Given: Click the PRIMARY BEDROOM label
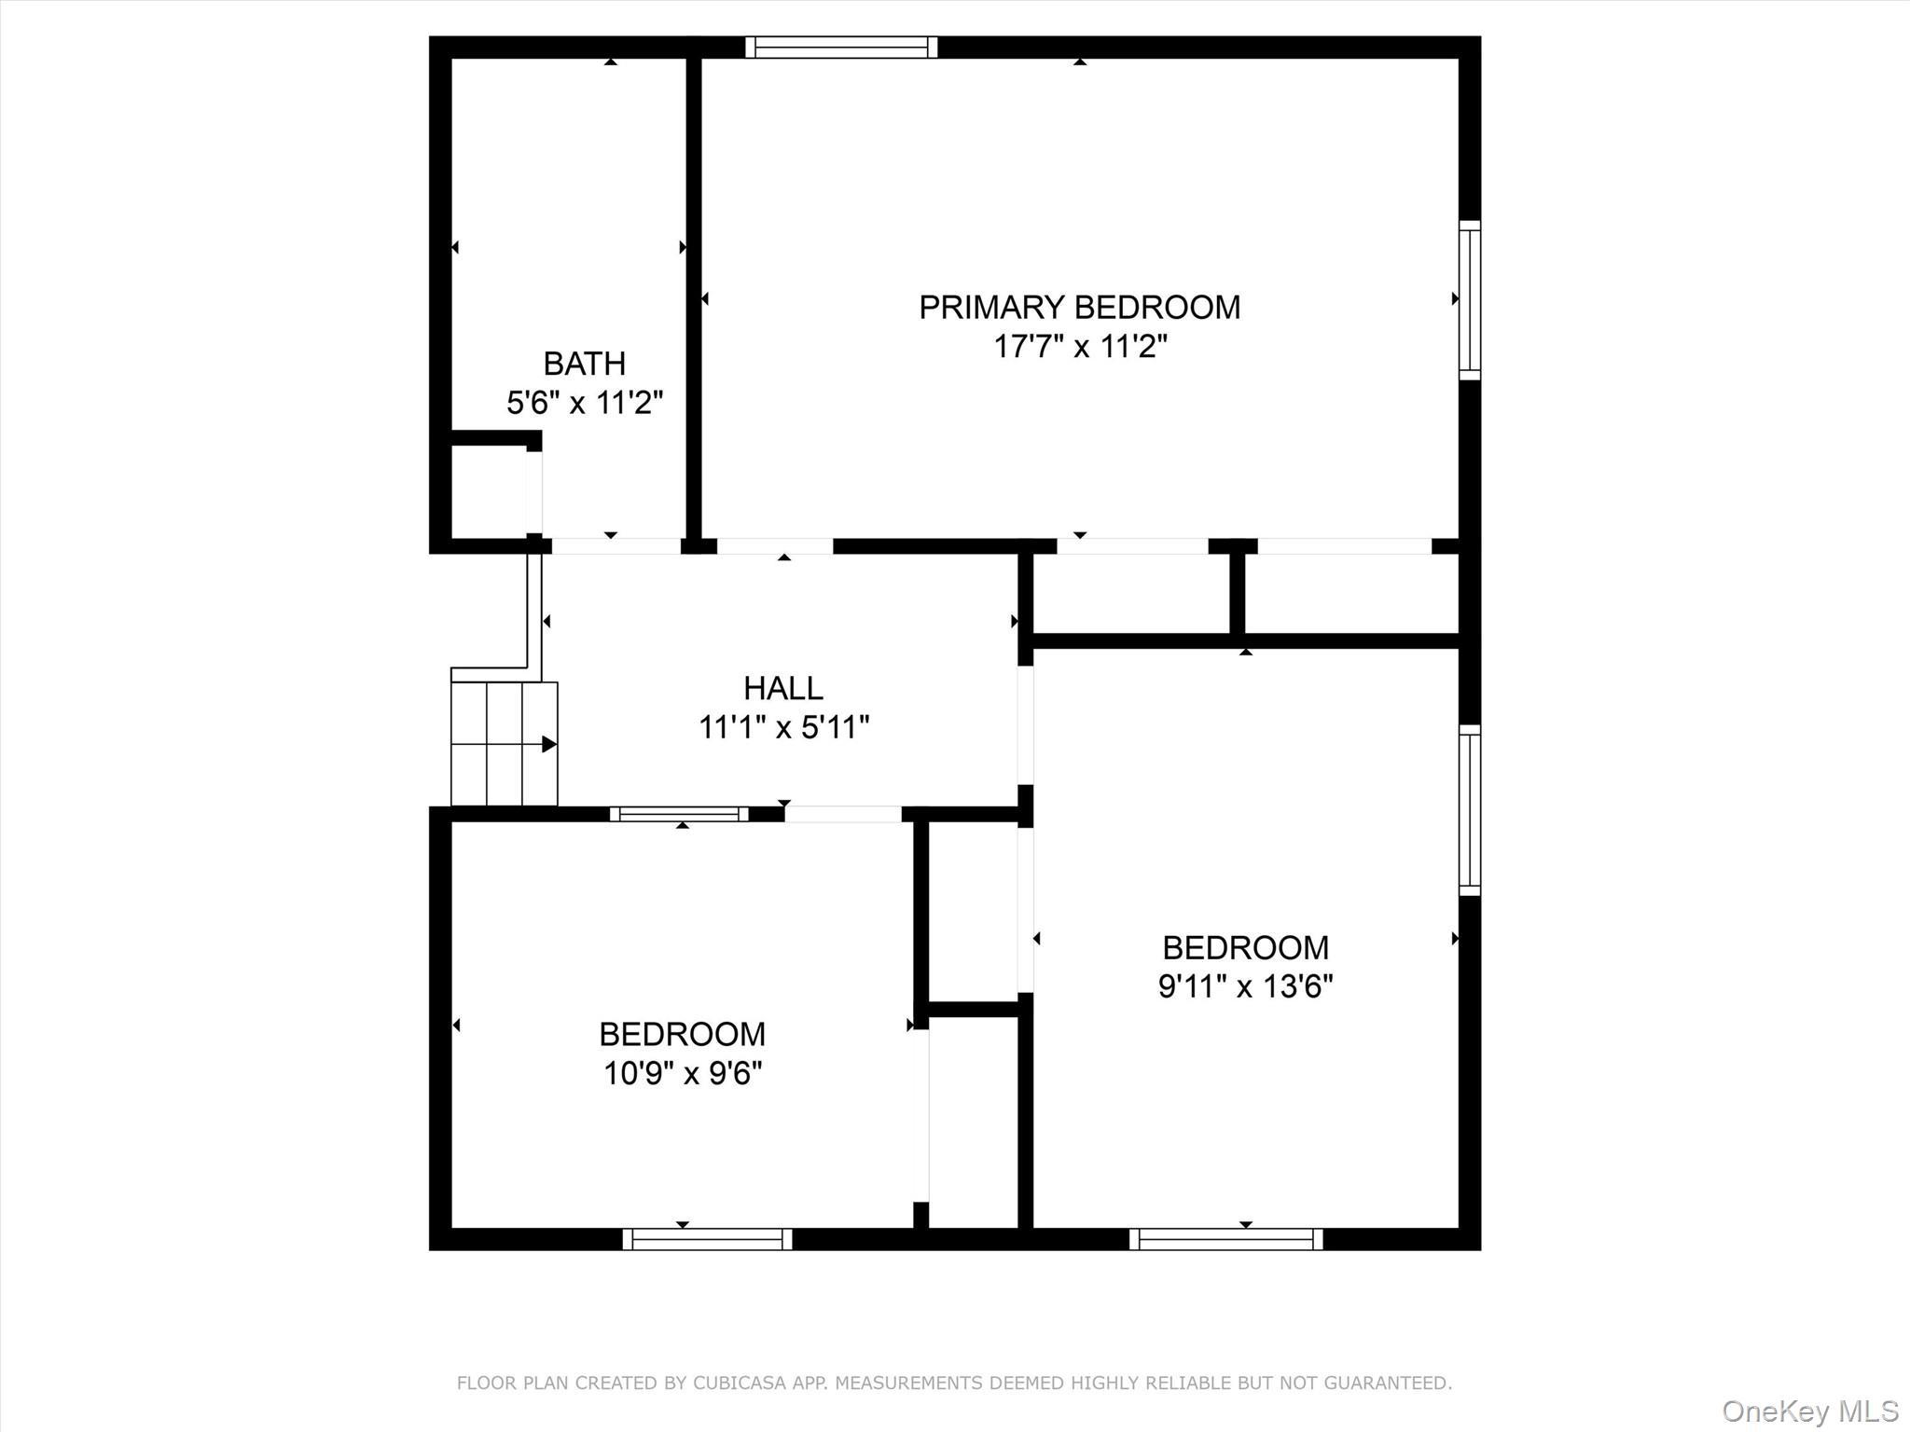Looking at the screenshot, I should pyautogui.click(x=1079, y=308).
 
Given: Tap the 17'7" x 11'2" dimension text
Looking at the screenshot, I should pyautogui.click(x=1079, y=347).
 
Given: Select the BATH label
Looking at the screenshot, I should pyautogui.click(x=584, y=364).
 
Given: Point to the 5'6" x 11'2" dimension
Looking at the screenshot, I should pyautogui.click(x=584, y=403).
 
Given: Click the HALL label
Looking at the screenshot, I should pyautogui.click(x=782, y=689).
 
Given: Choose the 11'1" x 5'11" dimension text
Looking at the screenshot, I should pyautogui.click(x=783, y=727).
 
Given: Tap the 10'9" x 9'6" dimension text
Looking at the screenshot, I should pyautogui.click(x=682, y=1073).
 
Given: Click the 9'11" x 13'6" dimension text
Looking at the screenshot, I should pyautogui.click(x=1245, y=986).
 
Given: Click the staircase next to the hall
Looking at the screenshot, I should pyautogui.click(x=504, y=743).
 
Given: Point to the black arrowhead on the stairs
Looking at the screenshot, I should pyautogui.click(x=549, y=744).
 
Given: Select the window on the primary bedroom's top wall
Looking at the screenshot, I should pyautogui.click(x=841, y=48).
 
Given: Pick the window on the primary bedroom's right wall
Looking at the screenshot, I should pyautogui.click(x=1469, y=300).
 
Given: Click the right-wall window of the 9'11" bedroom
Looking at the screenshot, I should pyautogui.click(x=1469, y=810).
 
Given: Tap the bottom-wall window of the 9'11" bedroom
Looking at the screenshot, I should pyautogui.click(x=1225, y=1239).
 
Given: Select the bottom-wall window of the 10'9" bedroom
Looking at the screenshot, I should pyautogui.click(x=707, y=1239).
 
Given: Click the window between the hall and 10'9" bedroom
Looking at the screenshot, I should pyautogui.click(x=679, y=814).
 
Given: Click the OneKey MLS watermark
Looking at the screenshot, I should pyautogui.click(x=1809, y=1411).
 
